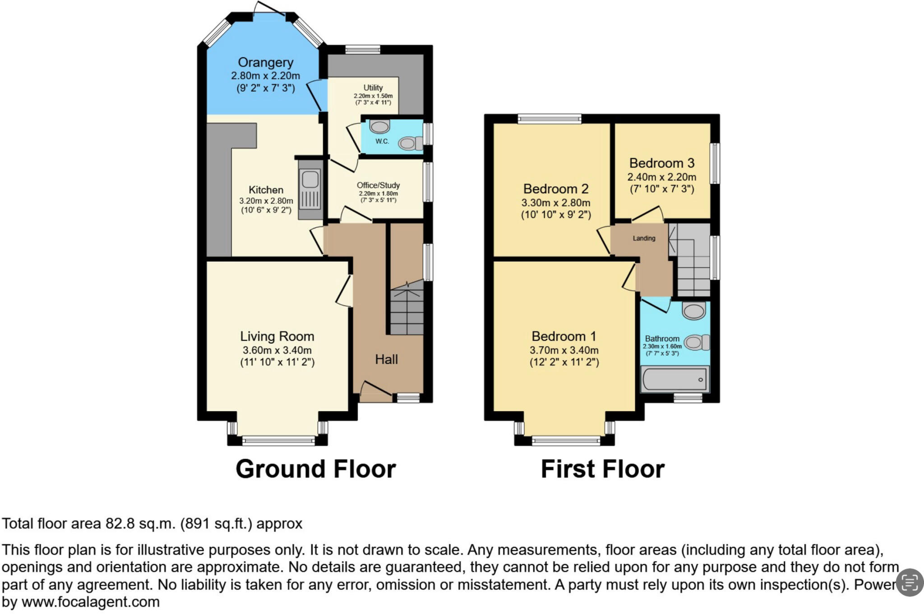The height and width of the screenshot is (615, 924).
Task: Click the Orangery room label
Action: [x=265, y=62]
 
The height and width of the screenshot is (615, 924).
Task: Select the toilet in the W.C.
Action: [x=410, y=143]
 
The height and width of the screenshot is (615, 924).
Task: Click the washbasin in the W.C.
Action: [x=379, y=126]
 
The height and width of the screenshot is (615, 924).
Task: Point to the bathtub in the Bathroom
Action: [x=675, y=379]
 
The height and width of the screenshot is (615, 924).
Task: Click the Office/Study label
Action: [x=378, y=185]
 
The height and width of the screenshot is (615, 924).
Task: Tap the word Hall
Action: [x=386, y=359]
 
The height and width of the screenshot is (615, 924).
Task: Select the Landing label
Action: [x=644, y=238]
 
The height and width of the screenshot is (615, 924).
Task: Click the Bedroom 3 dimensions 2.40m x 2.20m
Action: [x=661, y=177]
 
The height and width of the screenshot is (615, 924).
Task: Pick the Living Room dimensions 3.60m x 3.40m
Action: [x=277, y=350]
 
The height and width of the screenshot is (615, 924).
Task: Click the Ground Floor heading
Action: [x=315, y=469]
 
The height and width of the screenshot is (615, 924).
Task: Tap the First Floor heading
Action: [x=602, y=469]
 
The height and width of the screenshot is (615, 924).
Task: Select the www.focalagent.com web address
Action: [x=90, y=602]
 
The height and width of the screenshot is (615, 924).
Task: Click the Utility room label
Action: [x=373, y=88]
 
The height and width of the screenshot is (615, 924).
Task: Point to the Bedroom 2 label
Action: [x=556, y=189]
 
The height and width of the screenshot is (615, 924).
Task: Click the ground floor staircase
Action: [x=407, y=311]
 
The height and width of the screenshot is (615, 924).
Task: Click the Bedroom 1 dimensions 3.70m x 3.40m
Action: [x=564, y=350]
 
